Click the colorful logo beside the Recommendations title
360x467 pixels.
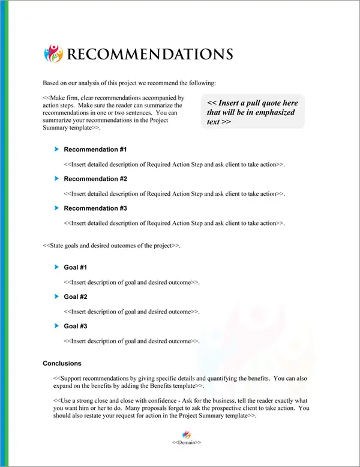click(53, 53)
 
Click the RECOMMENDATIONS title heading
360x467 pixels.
click(149, 54)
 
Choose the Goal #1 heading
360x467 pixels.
click(76, 267)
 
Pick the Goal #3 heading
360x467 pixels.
click(76, 326)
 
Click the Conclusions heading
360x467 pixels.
click(62, 363)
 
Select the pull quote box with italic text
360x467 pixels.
click(253, 111)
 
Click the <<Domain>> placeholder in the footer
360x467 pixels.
click(186, 442)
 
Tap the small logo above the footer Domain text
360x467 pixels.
click(186, 434)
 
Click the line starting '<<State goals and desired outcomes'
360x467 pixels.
click(112, 246)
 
